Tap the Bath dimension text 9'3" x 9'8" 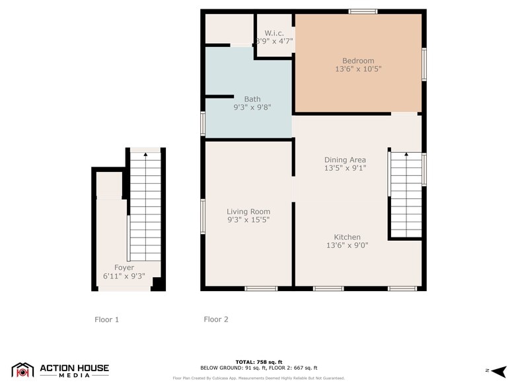point(252,107)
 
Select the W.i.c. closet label point(274,33)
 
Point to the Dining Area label point(345,159)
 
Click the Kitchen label point(347,237)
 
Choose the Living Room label point(248,212)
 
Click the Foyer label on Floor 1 point(124,267)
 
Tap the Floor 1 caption point(106,320)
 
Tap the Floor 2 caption point(216,320)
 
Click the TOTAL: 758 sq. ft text point(258,362)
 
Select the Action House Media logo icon point(22,370)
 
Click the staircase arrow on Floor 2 point(406,155)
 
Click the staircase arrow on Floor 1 point(145,155)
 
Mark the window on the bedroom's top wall point(363,11)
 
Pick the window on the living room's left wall point(203,215)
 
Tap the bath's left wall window point(203,124)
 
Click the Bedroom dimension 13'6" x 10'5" point(357,68)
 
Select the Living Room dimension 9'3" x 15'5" point(248,220)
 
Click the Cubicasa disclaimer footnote point(258,378)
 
